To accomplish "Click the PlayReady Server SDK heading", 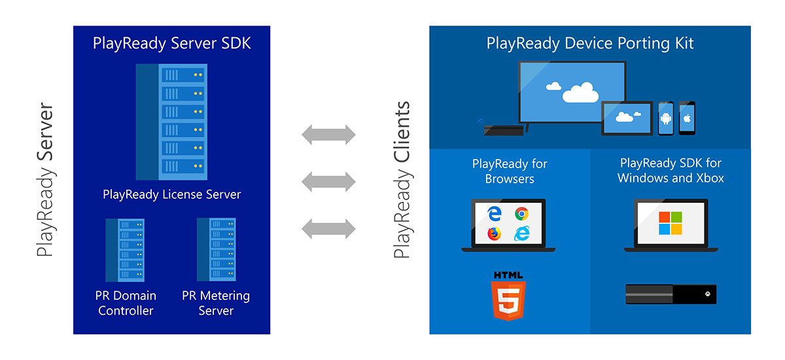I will click(x=171, y=44).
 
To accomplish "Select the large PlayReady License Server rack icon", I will click(x=171, y=122).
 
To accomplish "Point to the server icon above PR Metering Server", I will click(x=216, y=249).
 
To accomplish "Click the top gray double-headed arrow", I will click(x=328, y=135).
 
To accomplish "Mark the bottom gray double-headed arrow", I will click(x=328, y=228).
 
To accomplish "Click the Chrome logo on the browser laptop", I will click(x=521, y=213).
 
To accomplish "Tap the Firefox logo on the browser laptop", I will click(x=495, y=234).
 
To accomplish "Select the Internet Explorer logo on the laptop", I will click(x=521, y=234).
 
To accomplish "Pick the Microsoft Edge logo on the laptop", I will click(x=495, y=213).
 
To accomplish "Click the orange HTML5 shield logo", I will click(x=508, y=297).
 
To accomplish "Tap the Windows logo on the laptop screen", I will click(x=671, y=223).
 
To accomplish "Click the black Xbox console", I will click(x=671, y=294).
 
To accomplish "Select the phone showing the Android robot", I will click(x=665, y=118).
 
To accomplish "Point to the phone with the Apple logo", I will click(x=686, y=118).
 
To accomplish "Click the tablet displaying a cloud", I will click(x=627, y=118).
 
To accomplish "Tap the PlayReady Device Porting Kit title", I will click(x=590, y=44).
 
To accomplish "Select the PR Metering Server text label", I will click(x=216, y=303).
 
